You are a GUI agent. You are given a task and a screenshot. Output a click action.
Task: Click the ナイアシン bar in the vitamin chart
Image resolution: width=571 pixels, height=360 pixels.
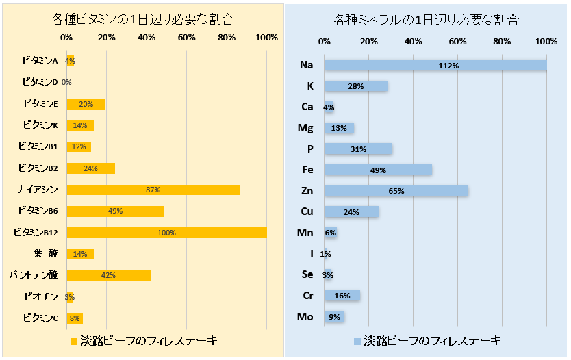click(153, 190)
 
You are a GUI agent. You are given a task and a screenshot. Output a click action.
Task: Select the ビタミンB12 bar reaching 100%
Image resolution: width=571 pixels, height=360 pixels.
click(166, 233)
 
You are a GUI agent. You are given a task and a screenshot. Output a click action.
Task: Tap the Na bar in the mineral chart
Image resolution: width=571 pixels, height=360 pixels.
click(435, 65)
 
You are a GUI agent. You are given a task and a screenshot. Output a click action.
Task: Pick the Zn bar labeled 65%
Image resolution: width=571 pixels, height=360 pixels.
click(396, 191)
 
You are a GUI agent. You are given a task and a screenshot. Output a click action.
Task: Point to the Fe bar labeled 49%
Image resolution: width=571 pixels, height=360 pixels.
click(378, 170)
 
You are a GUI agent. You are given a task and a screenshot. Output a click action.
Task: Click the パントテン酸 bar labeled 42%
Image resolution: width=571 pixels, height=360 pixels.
click(108, 275)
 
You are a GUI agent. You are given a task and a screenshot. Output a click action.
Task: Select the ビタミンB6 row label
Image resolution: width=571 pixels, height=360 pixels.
click(38, 211)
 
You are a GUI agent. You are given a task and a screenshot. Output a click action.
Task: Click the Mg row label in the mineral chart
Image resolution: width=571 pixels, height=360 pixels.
click(305, 128)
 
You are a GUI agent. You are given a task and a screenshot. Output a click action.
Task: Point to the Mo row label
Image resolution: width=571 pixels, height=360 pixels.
click(305, 317)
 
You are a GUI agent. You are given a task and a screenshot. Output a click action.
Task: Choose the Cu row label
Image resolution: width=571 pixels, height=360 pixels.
click(306, 211)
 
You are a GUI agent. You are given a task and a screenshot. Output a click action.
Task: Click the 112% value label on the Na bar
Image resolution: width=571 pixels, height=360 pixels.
click(449, 66)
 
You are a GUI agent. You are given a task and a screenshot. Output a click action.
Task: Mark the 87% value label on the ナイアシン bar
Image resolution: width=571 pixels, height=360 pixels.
click(153, 190)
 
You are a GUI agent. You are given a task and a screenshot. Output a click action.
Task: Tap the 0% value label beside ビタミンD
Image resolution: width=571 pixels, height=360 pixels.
click(66, 83)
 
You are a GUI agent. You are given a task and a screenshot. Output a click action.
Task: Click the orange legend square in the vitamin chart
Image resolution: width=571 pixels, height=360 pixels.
click(74, 340)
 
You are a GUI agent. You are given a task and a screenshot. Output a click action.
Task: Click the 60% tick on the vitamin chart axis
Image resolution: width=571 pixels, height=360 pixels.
click(187, 37)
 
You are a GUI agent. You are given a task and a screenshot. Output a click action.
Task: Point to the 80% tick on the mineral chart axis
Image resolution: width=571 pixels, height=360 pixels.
click(502, 42)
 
